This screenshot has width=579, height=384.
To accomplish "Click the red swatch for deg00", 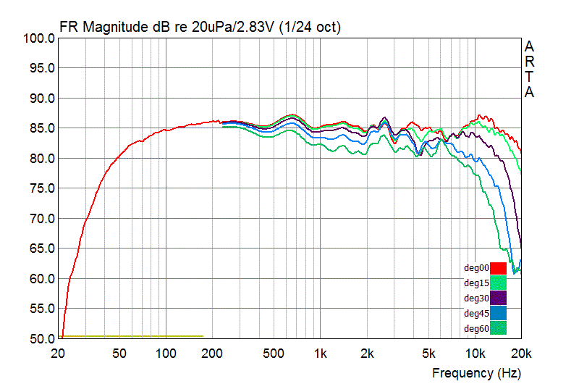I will [498, 267].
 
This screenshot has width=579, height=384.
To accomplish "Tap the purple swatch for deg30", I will [498, 298].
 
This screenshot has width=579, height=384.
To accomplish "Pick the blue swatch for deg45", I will [498, 313].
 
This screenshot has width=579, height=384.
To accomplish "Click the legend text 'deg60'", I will [476, 329].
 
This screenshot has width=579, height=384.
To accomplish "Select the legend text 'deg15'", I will [476, 283].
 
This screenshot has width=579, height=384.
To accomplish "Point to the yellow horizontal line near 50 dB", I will [130, 336].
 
